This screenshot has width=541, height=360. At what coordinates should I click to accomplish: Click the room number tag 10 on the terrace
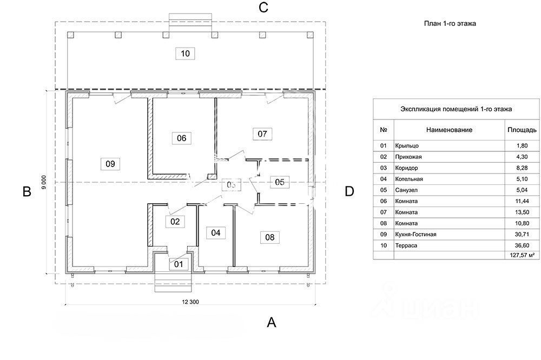(186, 54)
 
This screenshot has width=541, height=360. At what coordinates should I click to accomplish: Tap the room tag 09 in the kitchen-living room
(110, 164)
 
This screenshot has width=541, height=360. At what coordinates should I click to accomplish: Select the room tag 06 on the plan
(181, 138)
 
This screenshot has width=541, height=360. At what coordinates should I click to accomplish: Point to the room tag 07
(262, 134)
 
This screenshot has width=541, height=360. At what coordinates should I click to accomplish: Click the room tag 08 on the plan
(269, 237)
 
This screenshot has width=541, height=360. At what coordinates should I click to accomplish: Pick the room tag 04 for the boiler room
(216, 233)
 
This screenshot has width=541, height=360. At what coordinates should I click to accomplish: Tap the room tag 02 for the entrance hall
(175, 221)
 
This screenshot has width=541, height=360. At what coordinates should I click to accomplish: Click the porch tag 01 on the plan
(179, 264)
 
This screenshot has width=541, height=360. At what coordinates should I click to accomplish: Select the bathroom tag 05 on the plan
(279, 182)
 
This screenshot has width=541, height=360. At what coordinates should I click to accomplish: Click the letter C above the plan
(263, 8)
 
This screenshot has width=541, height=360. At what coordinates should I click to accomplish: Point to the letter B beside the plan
(26, 191)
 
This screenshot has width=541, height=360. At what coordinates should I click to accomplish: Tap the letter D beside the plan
(349, 191)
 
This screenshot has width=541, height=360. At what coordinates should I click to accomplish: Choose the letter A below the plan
(272, 323)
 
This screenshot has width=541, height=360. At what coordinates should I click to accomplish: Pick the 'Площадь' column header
(522, 130)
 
